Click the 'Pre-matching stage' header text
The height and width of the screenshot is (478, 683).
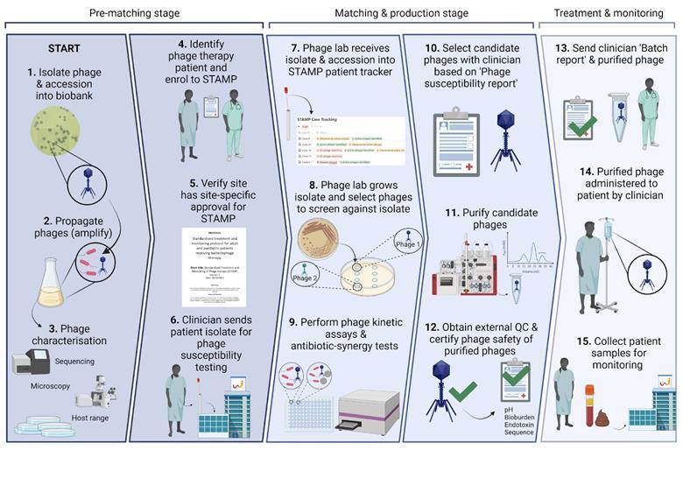point(135,13)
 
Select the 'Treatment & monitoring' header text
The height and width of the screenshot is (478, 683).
point(609,13)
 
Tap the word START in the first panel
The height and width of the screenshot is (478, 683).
point(65,50)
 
